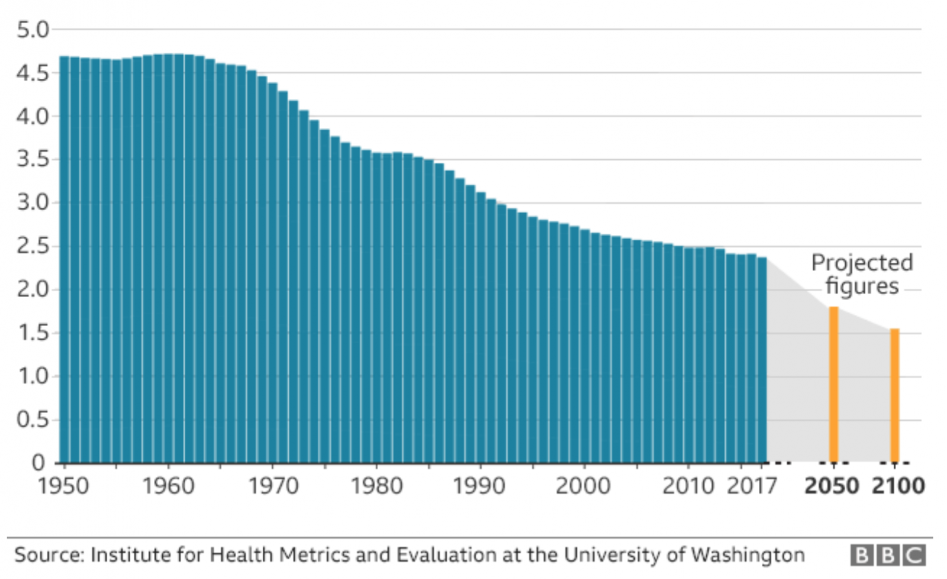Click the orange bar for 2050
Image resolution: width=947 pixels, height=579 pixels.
[x=833, y=385]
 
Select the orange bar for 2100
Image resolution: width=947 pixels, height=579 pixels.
[x=894, y=395]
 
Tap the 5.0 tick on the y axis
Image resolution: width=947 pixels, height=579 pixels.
[x=33, y=30]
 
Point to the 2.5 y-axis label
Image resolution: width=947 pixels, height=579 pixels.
[x=33, y=246]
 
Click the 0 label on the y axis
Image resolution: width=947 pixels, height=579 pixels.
[x=38, y=462]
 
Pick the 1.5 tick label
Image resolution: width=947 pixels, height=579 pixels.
[x=33, y=333]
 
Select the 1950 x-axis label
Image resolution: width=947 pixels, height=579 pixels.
[x=63, y=486]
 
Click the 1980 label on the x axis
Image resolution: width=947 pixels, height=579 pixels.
[x=376, y=486]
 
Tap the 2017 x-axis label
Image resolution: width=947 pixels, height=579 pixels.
[x=752, y=486]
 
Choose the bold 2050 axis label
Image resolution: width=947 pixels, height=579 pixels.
[x=832, y=486]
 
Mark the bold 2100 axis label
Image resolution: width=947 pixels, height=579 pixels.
[x=898, y=486]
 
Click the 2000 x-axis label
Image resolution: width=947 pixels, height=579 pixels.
[x=583, y=486]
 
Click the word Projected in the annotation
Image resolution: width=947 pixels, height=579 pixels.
[x=862, y=263]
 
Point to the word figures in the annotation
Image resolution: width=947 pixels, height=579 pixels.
[x=862, y=287]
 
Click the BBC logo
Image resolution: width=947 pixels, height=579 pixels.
[x=888, y=555]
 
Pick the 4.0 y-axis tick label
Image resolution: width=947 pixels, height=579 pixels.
[x=33, y=117]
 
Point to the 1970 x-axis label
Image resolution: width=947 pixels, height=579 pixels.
[x=273, y=486]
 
